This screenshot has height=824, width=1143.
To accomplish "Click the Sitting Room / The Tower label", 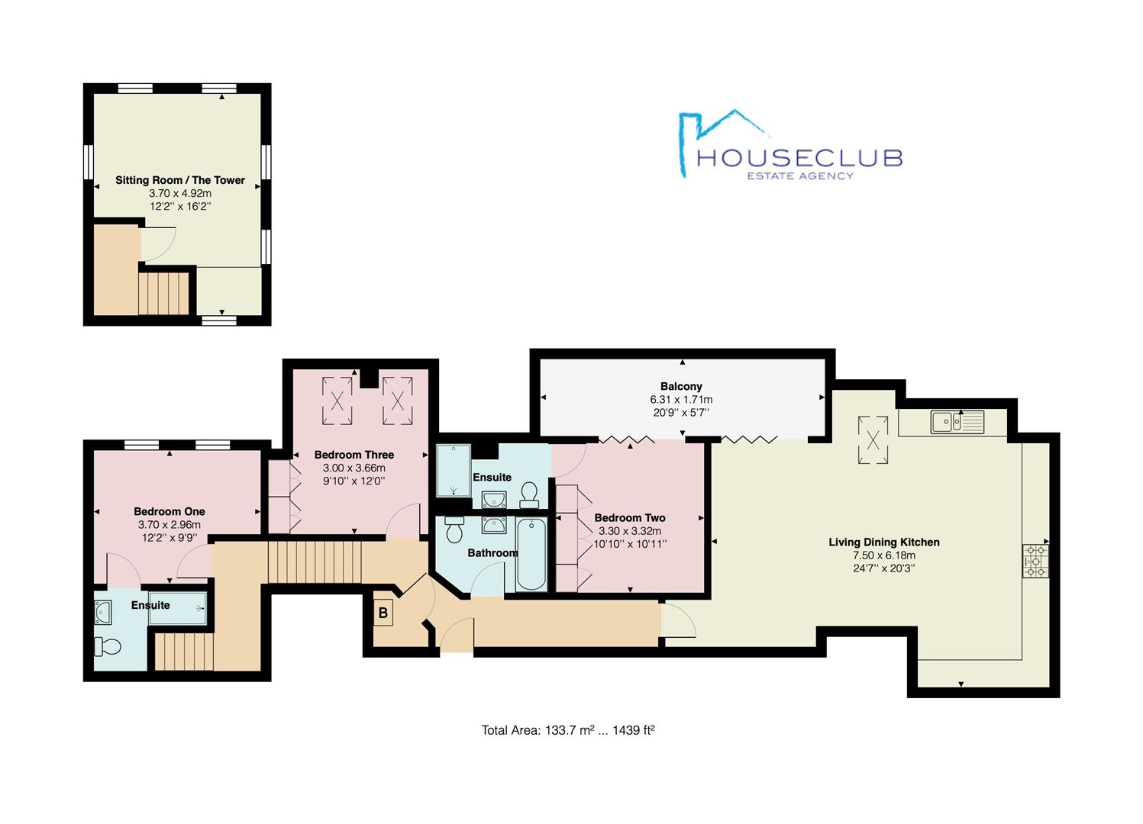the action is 179,180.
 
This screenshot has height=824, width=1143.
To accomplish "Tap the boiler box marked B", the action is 383,613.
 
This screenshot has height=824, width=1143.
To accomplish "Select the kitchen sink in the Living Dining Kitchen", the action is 957,422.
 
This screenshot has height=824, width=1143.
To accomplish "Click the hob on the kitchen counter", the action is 1035,561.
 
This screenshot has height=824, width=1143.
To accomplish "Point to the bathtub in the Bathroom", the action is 531,554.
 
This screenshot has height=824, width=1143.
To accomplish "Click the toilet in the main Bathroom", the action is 454,529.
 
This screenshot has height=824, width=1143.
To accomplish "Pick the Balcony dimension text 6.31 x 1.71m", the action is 681,400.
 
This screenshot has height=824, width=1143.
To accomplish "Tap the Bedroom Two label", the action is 630,518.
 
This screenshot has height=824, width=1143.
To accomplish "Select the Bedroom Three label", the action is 354,455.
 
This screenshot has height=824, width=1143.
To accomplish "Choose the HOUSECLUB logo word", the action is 799,158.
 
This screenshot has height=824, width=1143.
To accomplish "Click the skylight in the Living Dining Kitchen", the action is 873,440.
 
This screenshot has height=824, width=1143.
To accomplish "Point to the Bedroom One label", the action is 170,511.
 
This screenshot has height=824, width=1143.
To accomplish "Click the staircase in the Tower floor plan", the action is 163,294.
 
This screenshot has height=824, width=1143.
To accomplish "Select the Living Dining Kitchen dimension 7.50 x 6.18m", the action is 884,555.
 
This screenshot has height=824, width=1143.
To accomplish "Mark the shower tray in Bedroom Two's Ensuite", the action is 454,470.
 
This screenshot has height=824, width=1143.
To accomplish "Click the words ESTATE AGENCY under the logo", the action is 800,176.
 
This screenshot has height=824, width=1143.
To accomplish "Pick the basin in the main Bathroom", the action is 494,525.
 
